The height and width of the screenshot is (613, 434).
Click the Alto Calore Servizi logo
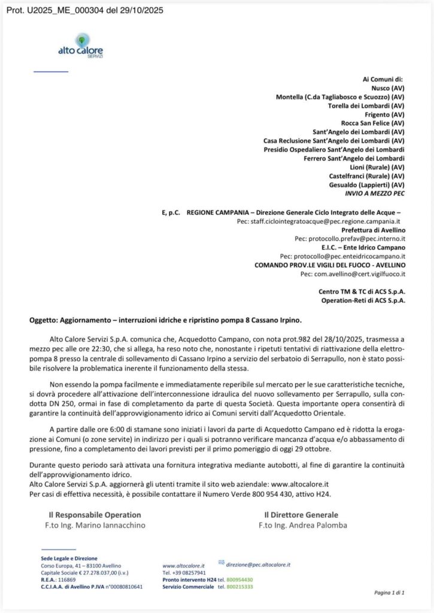(80, 47)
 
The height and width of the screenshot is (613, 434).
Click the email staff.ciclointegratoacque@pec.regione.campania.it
(321, 221)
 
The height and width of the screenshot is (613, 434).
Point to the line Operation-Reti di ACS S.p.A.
(363, 299)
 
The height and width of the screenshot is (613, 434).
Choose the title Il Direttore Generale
(301, 514)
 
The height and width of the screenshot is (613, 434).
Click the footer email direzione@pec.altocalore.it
(259, 564)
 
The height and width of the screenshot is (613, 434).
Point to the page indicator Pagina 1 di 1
(390, 593)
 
